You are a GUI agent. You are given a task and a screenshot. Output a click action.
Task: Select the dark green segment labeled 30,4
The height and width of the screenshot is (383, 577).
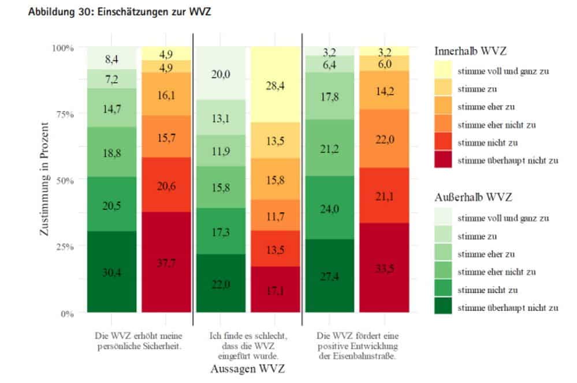click(111, 272)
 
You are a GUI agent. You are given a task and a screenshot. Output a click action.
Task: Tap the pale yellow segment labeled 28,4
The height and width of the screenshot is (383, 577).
click(276, 85)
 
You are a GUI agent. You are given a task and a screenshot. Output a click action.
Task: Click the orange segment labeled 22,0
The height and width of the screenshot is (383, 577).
click(385, 139)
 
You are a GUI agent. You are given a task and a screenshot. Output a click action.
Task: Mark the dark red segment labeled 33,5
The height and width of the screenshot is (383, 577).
click(385, 268)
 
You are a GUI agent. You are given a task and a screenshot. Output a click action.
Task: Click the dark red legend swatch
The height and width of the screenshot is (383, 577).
click(444, 160)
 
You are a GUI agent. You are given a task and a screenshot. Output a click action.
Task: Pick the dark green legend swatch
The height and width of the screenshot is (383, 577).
click(444, 308)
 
